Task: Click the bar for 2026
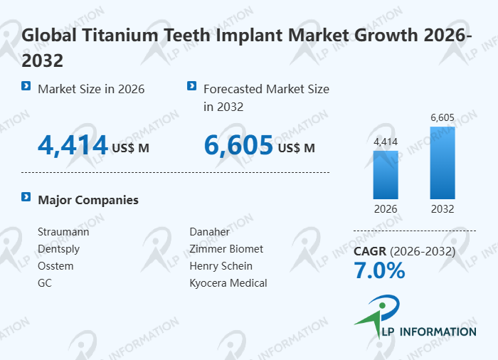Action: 386,174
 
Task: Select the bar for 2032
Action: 443,162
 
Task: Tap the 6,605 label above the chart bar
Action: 443,117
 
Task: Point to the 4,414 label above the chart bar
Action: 386,142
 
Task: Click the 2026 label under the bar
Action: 386,209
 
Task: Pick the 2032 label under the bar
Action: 443,209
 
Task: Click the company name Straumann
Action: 63,232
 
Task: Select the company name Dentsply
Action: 58,249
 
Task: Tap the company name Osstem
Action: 55,266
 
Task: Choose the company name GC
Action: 45,283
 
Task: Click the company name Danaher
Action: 210,232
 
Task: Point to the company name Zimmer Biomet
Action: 226,249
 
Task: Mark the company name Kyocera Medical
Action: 228,283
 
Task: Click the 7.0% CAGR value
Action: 379,271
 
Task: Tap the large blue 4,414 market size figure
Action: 73,146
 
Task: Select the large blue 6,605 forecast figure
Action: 238,146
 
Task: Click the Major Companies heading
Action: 88,200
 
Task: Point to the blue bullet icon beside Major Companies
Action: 26,197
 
